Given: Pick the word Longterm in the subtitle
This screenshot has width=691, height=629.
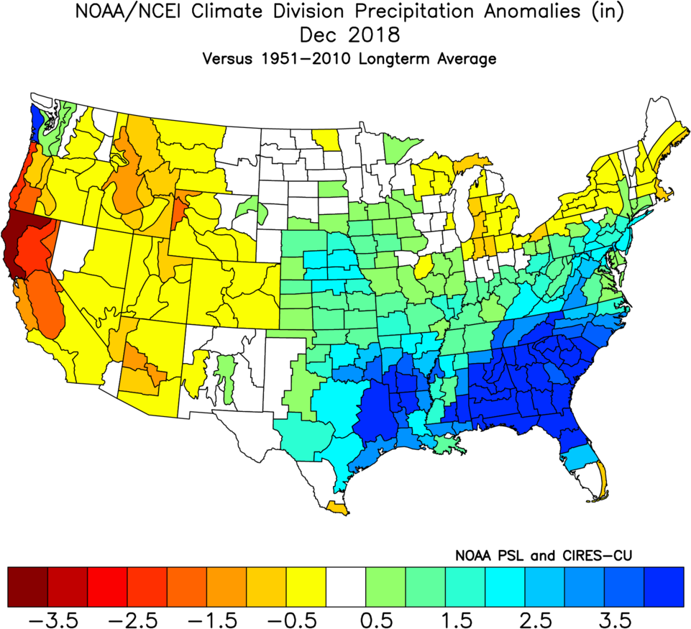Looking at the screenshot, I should (393, 59).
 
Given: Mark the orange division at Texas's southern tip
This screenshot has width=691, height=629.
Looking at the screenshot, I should (338, 508).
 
